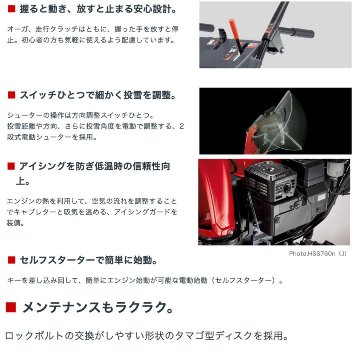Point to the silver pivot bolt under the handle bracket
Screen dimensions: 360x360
point(282,50)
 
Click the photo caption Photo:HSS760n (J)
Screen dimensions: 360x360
point(318,254)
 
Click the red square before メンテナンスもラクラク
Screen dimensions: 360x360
point(11,307)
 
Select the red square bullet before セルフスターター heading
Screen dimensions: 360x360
point(12,260)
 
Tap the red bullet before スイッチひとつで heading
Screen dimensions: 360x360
point(12,96)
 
